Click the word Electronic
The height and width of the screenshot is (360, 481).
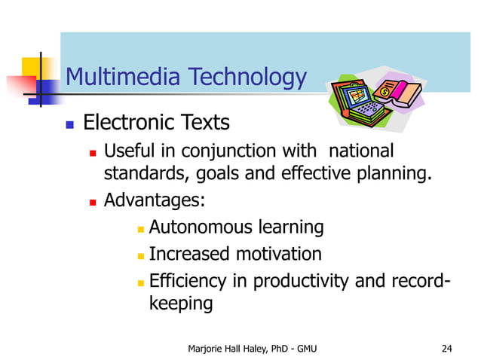[x=124, y=122]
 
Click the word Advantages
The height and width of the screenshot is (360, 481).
[x=152, y=201]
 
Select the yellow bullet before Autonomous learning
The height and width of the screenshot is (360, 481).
[x=140, y=228]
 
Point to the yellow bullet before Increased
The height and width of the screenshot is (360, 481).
[x=140, y=255]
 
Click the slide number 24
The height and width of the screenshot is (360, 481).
[x=446, y=347]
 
